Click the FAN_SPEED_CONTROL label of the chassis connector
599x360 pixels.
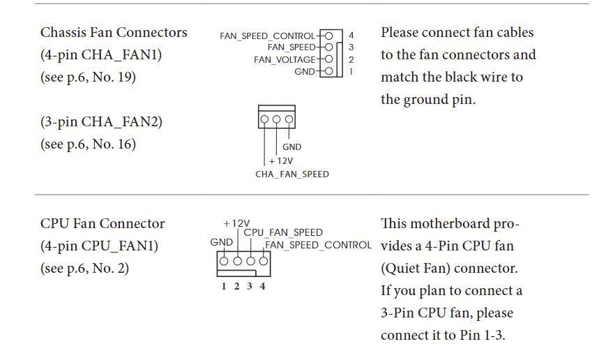coord(268,36)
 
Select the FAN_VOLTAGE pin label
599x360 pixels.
coord(285,60)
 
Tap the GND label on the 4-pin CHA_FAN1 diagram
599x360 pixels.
coord(305,72)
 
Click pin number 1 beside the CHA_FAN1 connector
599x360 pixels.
coord(351,72)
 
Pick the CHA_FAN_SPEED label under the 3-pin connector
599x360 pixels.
coord(292,174)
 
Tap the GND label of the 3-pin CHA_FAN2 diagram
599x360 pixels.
coord(292,147)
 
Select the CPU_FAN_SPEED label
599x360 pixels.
coord(283,232)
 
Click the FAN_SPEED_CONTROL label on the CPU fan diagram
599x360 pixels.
coord(318,245)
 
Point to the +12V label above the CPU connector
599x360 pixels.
coord(236,223)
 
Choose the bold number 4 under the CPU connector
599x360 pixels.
coord(262,286)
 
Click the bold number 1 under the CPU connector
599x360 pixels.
coord(225,286)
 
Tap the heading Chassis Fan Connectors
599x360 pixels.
coord(114,32)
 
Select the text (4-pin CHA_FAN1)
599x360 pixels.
coord(100,54)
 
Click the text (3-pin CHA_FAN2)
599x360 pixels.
coord(101,121)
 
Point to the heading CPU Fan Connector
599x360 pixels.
coord(103,223)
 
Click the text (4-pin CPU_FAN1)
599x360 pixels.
coord(99,246)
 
